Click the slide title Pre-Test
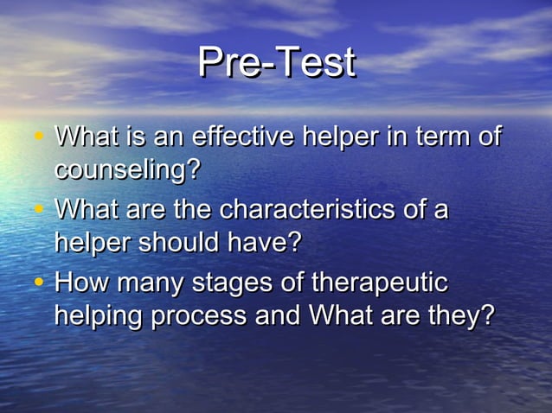276,62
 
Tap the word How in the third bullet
81,283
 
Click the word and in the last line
277,315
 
